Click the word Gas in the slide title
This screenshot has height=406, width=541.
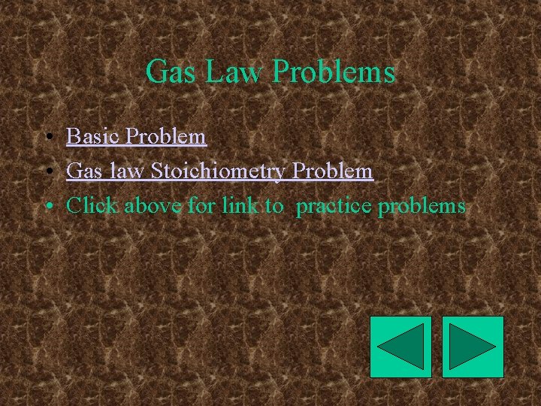coord(168,72)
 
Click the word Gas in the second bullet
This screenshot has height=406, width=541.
coord(83,171)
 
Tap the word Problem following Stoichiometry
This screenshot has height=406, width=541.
coord(333,171)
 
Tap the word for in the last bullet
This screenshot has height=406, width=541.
coord(201,205)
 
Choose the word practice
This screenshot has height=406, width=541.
coord(334,206)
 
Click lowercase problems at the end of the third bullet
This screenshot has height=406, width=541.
coord(422,206)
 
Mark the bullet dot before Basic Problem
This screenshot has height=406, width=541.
coord(47,138)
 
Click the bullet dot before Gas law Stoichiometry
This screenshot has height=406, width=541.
coord(47,172)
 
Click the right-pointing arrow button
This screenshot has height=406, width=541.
coord(473,347)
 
